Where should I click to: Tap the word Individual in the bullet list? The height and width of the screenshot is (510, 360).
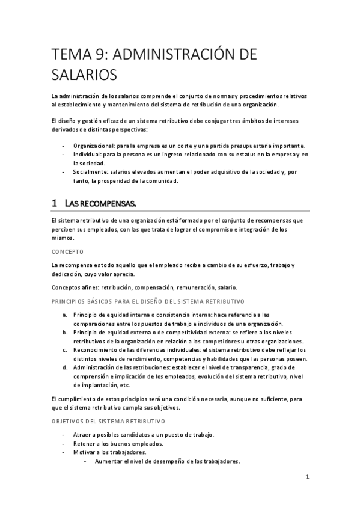86,155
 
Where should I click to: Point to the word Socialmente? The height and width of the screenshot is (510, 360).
90,172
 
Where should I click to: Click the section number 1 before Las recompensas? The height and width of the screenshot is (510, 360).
55,204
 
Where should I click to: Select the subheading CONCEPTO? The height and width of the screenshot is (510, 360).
67,251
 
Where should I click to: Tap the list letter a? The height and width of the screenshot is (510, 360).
64,314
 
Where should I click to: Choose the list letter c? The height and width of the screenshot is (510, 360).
64,349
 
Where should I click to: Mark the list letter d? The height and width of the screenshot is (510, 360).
64,367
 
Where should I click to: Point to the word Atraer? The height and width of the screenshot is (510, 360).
84,435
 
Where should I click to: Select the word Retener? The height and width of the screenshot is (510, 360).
85,444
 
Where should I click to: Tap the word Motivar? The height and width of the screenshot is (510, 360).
85,452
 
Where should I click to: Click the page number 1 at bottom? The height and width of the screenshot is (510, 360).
307,478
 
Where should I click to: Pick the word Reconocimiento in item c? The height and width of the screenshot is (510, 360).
99,349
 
